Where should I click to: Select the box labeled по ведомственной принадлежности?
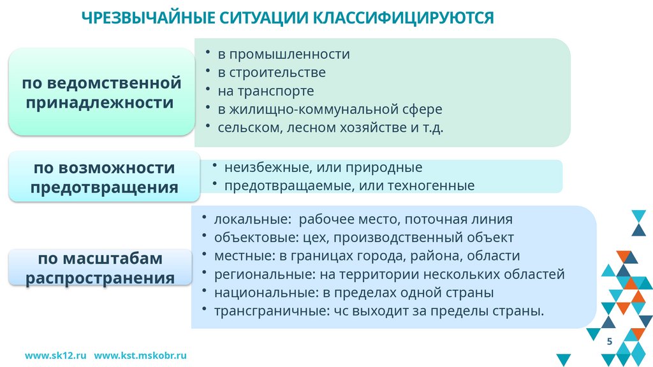(101, 92)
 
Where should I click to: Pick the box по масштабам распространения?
(101, 268)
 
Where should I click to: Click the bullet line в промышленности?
(283, 54)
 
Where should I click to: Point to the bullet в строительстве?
(271, 72)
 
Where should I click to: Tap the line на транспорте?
(265, 90)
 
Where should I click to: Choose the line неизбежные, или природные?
(323, 168)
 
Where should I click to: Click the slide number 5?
(610, 342)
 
